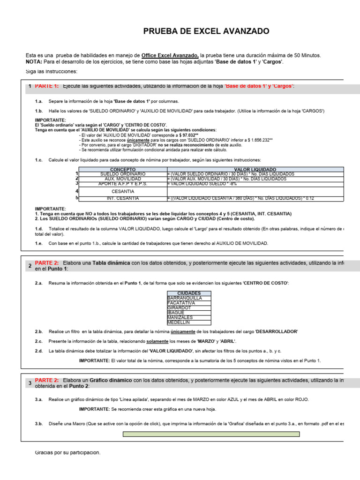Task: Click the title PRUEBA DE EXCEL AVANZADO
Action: [x=206, y=31]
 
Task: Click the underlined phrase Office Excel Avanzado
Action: [x=171, y=55]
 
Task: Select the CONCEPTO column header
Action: [x=122, y=169]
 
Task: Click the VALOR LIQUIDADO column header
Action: [x=255, y=169]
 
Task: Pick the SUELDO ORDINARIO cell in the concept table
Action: [x=122, y=174]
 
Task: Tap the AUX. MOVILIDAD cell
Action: [x=122, y=179]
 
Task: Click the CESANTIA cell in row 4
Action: [x=122, y=191]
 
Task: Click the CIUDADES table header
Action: [x=189, y=293]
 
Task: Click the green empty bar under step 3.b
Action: [x=211, y=434]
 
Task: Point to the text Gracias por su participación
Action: [x=67, y=452]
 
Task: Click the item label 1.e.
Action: [x=39, y=244]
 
